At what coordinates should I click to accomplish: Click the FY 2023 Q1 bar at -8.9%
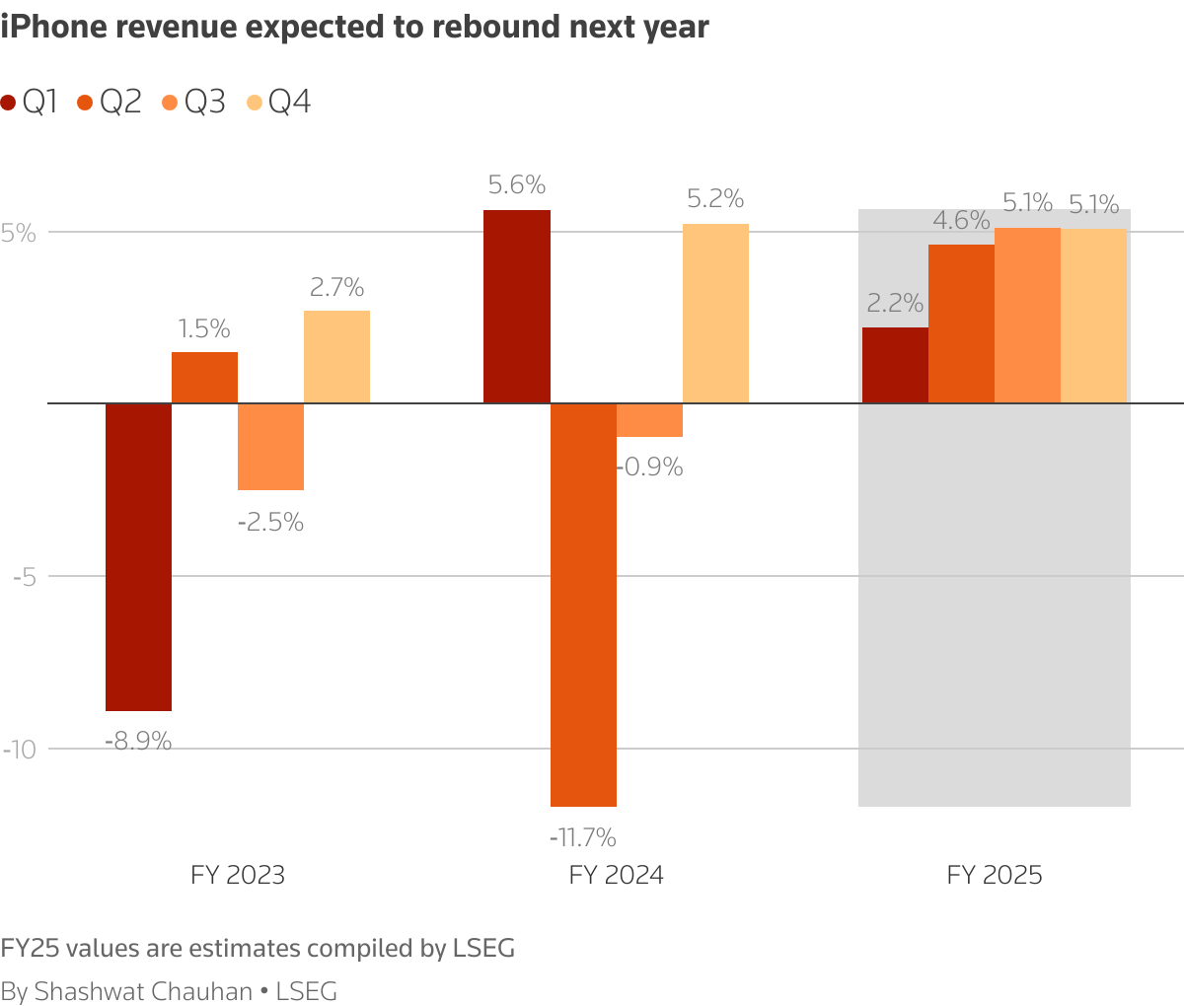138,557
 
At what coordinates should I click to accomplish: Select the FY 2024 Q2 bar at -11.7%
583,605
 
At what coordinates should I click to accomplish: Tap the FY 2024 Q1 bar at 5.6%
517,307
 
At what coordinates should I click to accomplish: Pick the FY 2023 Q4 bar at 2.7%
336,357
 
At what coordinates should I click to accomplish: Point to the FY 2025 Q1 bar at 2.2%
895,365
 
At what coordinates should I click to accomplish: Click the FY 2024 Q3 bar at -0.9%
649,420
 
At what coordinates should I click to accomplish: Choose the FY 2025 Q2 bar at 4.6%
961,323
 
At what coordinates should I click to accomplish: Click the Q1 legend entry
30,102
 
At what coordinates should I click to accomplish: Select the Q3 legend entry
194,102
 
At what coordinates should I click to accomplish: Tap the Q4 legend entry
279,102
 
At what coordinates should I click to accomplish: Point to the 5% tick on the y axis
19,234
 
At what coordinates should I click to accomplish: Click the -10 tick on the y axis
19,750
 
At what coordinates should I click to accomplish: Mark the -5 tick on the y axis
25,577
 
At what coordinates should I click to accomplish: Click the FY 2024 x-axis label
616,875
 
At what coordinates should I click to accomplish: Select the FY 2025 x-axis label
995,875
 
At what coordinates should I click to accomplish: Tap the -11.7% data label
583,838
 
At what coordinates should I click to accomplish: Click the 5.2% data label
715,199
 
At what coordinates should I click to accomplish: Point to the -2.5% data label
270,523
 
